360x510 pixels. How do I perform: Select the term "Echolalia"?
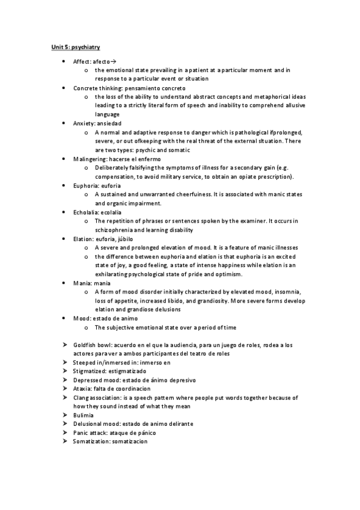[x=85, y=212]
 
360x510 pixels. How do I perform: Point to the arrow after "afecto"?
[x=113, y=61]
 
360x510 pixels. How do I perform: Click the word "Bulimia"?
[x=83, y=416]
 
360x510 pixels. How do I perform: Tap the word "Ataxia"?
[x=82, y=389]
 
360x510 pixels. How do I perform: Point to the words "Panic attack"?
[x=90, y=433]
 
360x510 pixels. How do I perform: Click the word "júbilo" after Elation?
[x=124, y=238]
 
